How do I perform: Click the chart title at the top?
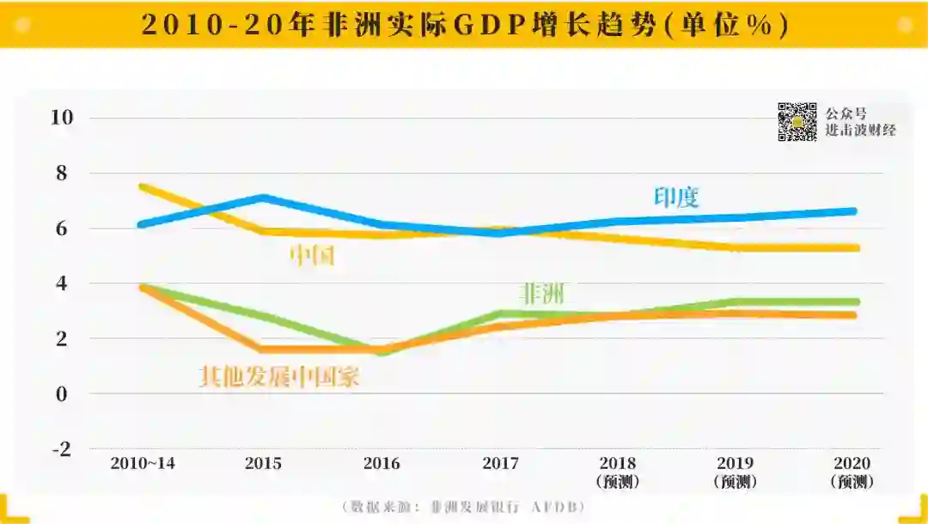pyautogui.click(x=464, y=24)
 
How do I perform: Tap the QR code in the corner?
pyautogui.click(x=797, y=122)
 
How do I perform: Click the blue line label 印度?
pyautogui.click(x=676, y=198)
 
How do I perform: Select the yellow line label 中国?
pyautogui.click(x=312, y=255)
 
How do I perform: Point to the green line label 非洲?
pyautogui.click(x=543, y=294)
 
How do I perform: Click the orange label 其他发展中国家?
pyautogui.click(x=279, y=376)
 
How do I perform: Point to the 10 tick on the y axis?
pyautogui.click(x=63, y=118)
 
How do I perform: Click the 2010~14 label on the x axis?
pyautogui.click(x=143, y=464)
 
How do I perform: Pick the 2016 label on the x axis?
pyautogui.click(x=382, y=464)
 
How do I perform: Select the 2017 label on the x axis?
pyautogui.click(x=500, y=464)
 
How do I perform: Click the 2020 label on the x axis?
pyautogui.click(x=851, y=464)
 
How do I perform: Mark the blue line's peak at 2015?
pyautogui.click(x=263, y=198)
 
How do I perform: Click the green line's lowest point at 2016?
pyautogui.click(x=382, y=351)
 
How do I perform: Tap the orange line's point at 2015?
pyautogui.click(x=263, y=349)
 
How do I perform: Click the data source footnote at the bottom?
pyautogui.click(x=464, y=507)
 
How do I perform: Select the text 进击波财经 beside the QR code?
pyautogui.click(x=860, y=130)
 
